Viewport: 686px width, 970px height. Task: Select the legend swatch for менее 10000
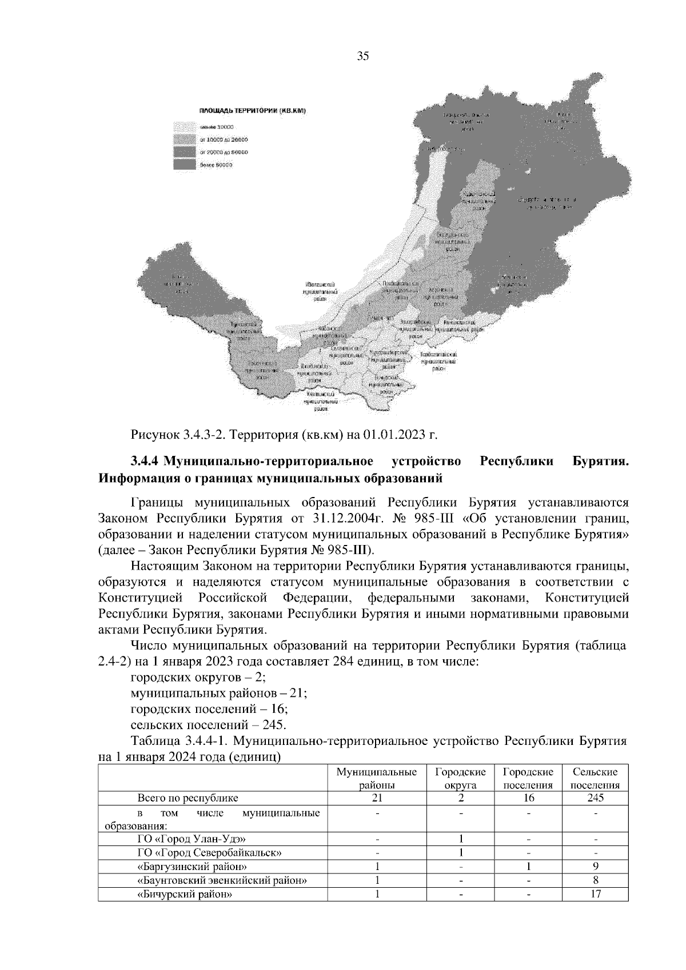click(185, 126)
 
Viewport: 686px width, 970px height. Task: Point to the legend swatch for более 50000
click(185, 164)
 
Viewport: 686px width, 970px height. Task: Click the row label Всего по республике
click(188, 797)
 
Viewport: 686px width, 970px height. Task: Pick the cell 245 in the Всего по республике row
click(595, 797)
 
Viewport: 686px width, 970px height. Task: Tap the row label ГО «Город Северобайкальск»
click(210, 853)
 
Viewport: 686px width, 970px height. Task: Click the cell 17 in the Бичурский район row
click(595, 894)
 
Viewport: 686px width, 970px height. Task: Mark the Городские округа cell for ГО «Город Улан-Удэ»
click(460, 839)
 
